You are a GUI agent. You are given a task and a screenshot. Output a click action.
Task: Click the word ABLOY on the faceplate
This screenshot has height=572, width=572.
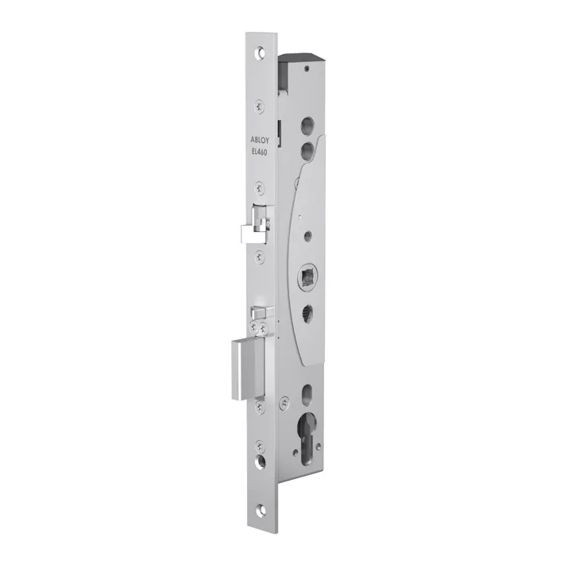[x=259, y=139]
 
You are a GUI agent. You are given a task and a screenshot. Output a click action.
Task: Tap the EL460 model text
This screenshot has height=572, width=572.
[x=259, y=153]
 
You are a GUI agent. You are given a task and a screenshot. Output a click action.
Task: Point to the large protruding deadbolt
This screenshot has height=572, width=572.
[x=248, y=369]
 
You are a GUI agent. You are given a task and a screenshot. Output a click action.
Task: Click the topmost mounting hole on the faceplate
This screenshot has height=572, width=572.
[x=260, y=52]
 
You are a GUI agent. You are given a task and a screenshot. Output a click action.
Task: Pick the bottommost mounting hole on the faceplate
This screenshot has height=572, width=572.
[x=261, y=508]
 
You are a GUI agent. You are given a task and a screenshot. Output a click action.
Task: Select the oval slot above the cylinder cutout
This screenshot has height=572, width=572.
[x=307, y=392]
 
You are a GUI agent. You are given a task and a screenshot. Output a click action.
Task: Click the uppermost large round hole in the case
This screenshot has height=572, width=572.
[x=307, y=125]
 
